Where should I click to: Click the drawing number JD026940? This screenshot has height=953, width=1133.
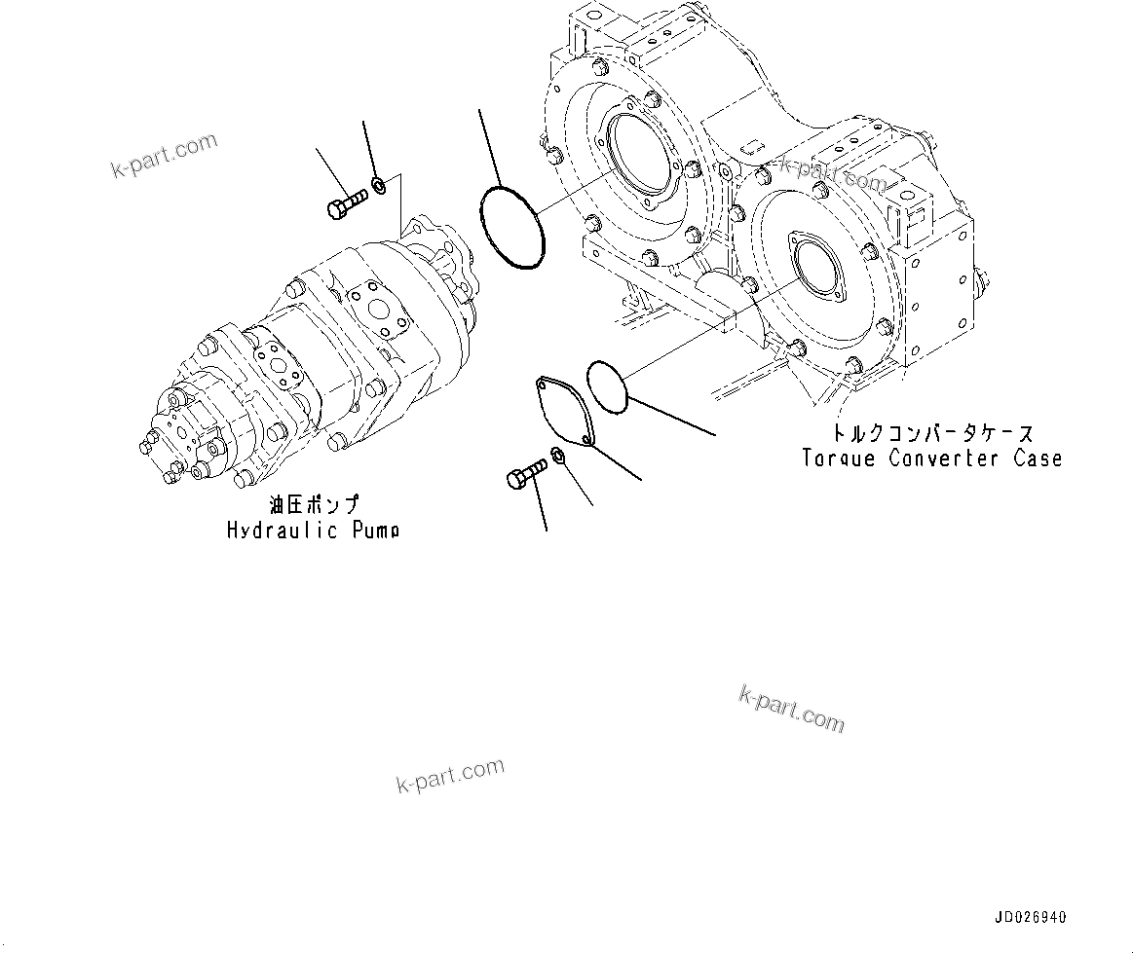click(1031, 918)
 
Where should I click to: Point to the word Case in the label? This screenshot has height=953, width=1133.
click(1038, 458)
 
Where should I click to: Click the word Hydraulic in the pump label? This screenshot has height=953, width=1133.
click(283, 531)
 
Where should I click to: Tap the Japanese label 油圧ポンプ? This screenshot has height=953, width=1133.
click(314, 505)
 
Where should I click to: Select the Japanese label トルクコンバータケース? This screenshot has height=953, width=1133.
click(920, 433)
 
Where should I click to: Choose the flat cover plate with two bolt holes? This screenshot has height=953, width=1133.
click(564, 414)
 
